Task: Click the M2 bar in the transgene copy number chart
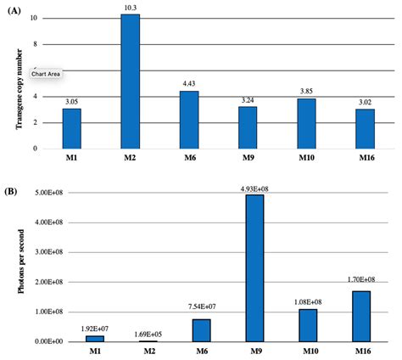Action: [130, 82]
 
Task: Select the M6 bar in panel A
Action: [188, 120]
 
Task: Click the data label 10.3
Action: [130, 7]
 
